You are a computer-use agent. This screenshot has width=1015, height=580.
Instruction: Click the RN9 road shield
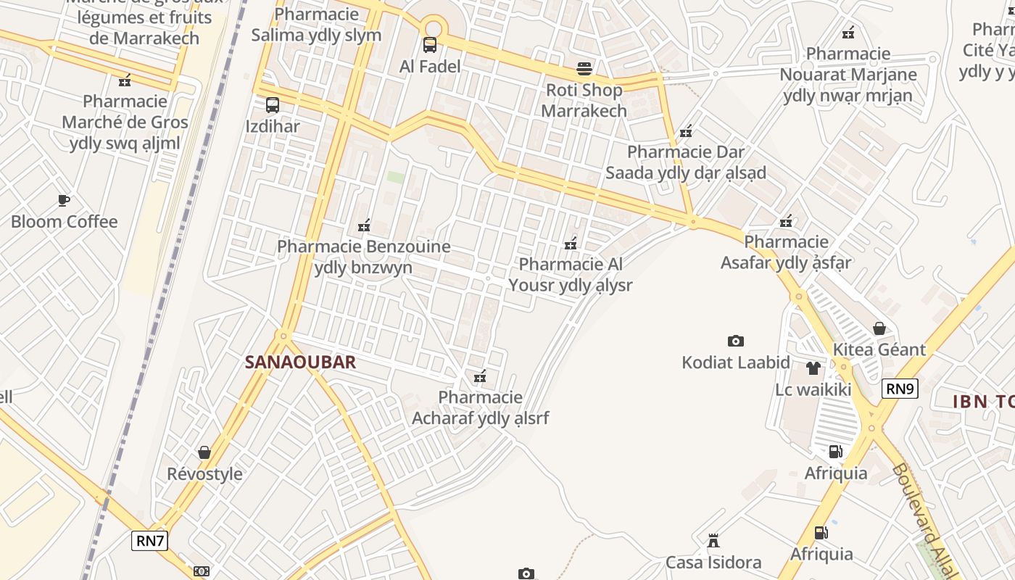coord(900,389)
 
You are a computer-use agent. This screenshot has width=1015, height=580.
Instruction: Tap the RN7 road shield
coord(150,540)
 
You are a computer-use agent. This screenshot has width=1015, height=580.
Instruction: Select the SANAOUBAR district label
coord(300,362)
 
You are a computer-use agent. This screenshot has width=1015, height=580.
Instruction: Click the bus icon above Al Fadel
coord(430,45)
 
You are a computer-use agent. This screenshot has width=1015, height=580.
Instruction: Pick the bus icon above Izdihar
coord(273,105)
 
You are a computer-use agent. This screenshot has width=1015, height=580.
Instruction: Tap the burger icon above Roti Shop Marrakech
coord(584,69)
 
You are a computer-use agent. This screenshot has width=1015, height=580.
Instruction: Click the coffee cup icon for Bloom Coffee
coord(64,200)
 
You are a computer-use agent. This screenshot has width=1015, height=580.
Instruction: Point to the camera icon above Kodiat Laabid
coord(736,341)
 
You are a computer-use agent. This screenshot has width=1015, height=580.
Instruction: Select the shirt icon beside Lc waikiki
coord(813,368)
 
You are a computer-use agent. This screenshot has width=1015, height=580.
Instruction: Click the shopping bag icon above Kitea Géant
coord(879,328)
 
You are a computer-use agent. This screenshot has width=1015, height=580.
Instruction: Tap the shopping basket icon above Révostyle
coord(204,452)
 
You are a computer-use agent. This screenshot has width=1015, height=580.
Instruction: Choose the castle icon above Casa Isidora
coord(713,541)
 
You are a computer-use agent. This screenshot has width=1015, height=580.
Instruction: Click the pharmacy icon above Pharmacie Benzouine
coord(364,225)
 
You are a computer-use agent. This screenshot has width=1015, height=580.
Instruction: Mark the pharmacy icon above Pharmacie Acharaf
coord(479,376)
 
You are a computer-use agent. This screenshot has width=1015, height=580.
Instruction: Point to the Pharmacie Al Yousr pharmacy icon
coord(571,243)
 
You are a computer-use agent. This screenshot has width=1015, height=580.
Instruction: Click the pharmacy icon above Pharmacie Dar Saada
coord(686,131)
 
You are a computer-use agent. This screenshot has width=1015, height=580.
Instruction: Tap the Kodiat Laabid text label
coord(736,362)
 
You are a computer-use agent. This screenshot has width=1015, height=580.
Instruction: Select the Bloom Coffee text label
coord(64,221)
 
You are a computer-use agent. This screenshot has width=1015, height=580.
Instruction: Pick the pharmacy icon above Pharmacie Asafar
coord(786,221)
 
